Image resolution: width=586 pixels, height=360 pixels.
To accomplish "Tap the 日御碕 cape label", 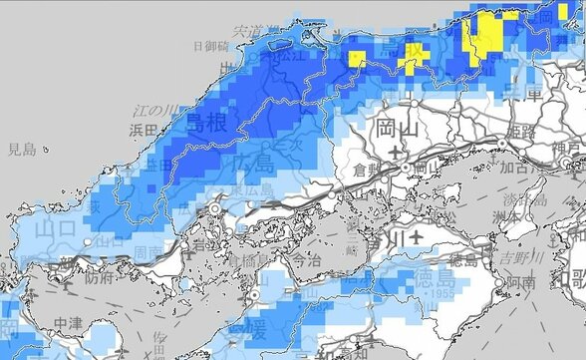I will click(211, 46).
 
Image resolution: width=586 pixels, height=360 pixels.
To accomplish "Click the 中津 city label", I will click(69, 323).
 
